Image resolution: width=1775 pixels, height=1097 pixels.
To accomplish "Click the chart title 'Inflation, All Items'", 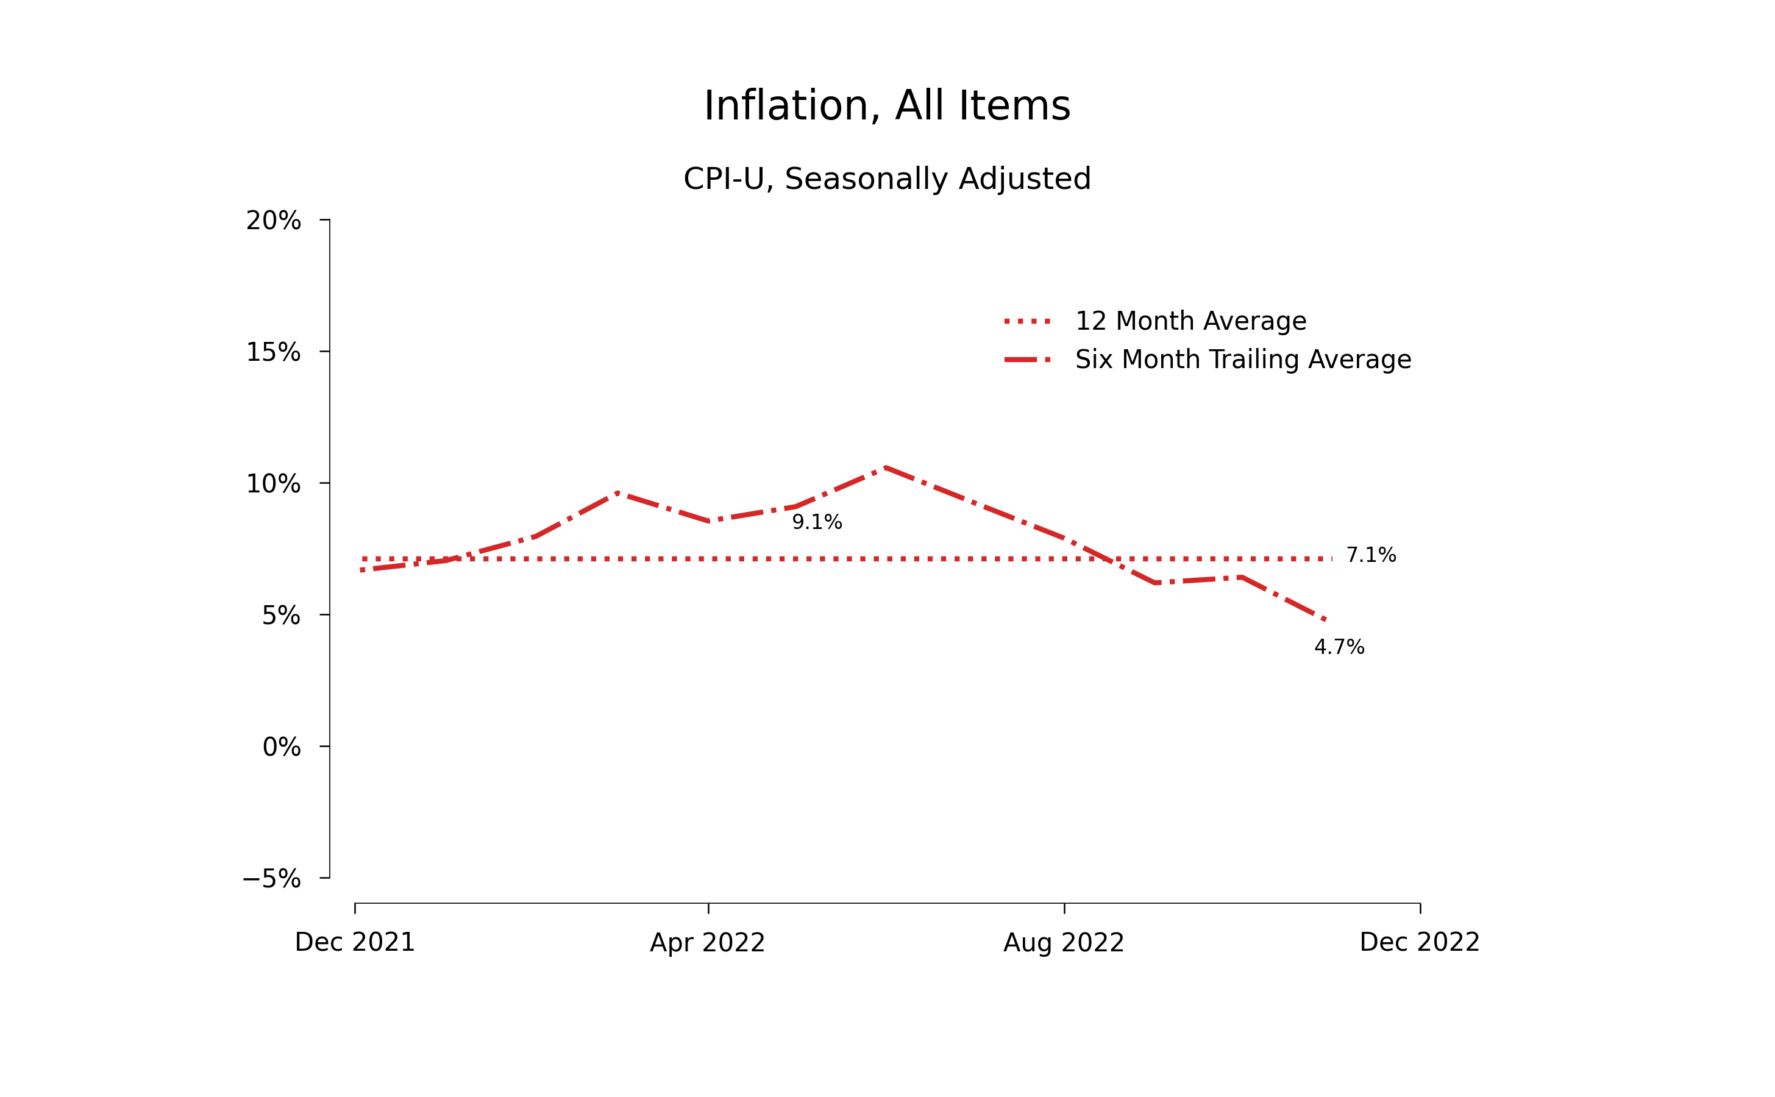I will (x=887, y=106).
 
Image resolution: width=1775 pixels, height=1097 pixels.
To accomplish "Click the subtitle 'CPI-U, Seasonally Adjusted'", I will (x=887, y=179).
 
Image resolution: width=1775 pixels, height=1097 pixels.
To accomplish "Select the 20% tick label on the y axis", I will (x=273, y=221).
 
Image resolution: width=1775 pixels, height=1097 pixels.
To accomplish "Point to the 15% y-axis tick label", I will (x=273, y=353).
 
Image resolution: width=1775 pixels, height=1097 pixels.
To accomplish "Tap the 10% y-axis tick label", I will (x=273, y=484).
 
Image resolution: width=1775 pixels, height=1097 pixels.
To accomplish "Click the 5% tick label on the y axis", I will (x=281, y=616).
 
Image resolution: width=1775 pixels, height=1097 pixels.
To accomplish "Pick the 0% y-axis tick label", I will (x=281, y=747).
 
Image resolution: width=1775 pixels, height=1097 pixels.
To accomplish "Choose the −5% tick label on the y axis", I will (x=271, y=879).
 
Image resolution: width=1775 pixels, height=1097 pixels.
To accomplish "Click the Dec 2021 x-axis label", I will (x=355, y=942).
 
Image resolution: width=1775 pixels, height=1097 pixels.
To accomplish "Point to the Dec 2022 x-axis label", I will (x=1420, y=942).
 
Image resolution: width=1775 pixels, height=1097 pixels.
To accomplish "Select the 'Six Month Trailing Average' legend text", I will (x=1243, y=360).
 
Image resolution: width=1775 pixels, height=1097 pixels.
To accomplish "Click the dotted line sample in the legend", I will (x=1028, y=321).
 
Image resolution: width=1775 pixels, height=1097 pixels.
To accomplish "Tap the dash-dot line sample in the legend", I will (x=1028, y=360).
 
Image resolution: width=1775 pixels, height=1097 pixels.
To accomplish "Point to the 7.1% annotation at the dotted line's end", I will (x=1371, y=555).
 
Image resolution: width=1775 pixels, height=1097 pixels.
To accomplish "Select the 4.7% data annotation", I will (x=1339, y=647).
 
